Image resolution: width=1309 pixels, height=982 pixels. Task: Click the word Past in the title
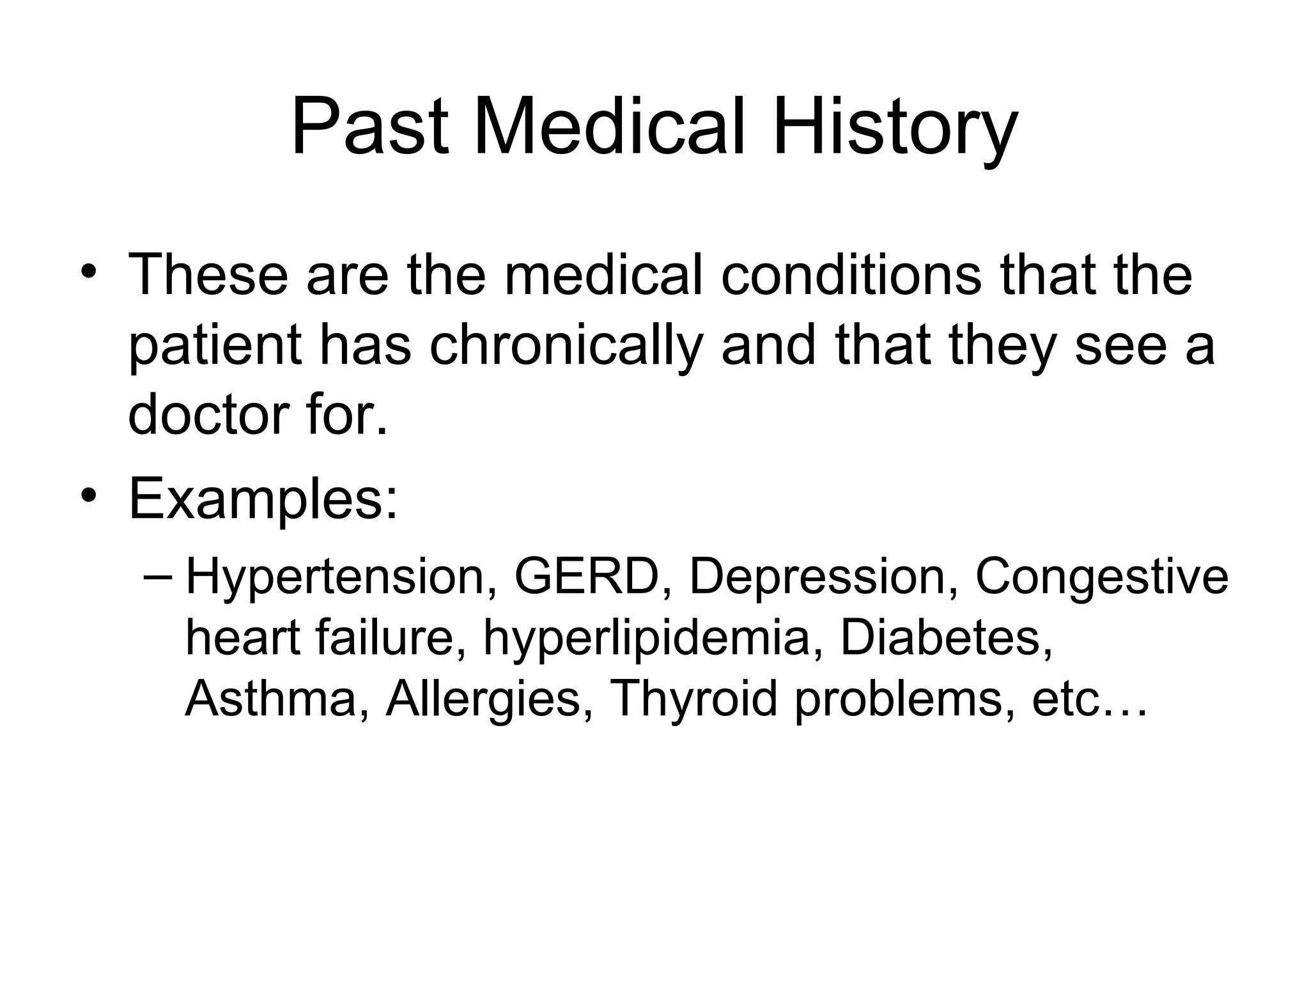coord(370,127)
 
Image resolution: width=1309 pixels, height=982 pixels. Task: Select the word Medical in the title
coord(609,127)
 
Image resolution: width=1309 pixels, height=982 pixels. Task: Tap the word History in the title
coord(895,127)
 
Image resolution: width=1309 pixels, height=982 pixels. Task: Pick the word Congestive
coord(1101,577)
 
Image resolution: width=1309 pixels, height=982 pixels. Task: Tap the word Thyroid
coord(693,698)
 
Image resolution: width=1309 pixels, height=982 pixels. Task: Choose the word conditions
coord(851,276)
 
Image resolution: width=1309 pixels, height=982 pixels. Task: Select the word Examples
coord(263,501)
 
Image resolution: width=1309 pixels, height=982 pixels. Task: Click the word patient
coord(215,346)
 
